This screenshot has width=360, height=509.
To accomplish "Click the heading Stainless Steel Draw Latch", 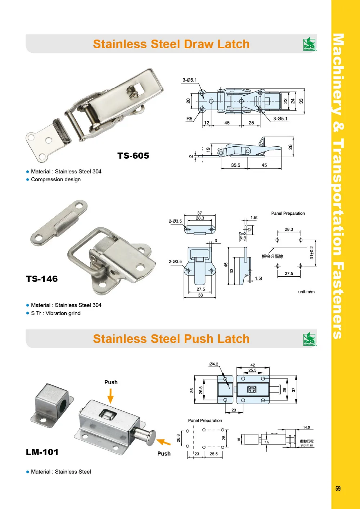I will tap(171, 44).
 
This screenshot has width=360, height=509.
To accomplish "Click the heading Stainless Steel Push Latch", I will tap(171, 339).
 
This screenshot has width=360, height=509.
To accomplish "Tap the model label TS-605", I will tap(133, 156).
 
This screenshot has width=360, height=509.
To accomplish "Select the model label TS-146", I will tap(42, 279).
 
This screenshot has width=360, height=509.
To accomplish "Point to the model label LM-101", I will tap(42, 452).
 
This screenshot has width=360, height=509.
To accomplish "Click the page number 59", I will tap(338, 488).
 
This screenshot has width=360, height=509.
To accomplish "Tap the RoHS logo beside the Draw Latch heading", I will tap(309, 44).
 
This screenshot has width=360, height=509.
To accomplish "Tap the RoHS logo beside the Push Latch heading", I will tap(309, 339).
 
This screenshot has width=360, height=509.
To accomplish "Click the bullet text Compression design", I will tap(56, 179).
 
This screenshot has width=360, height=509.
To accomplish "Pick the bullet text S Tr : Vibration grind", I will tap(56, 313).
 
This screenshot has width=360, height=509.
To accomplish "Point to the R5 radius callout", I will tap(189, 119).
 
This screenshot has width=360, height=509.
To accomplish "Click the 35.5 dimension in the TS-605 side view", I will tap(235, 165).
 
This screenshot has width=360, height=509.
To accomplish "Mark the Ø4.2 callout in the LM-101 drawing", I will tap(213, 364).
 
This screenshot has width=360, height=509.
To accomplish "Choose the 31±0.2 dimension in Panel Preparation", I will tap(312, 253).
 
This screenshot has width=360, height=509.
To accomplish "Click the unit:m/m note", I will tap(306, 292).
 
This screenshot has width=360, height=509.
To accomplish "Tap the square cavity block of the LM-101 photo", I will tap(52, 401).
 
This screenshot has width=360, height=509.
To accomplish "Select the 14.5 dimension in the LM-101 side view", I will tap(306, 428).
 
